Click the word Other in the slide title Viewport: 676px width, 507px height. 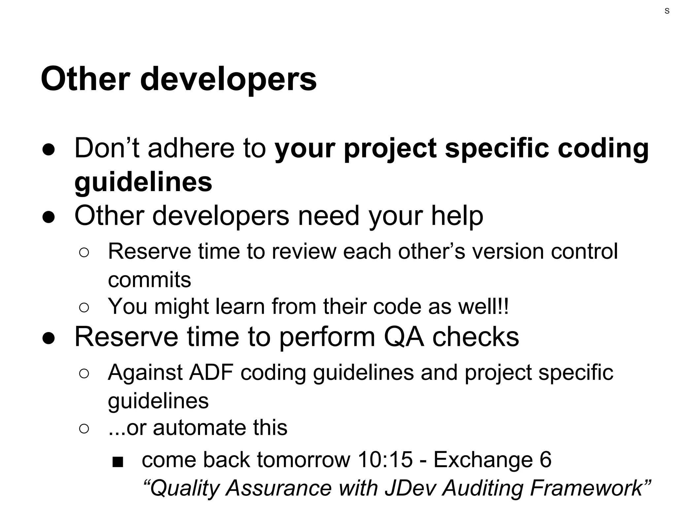click(85, 79)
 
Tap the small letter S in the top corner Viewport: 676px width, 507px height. click(667, 11)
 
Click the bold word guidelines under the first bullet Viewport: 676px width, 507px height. click(143, 183)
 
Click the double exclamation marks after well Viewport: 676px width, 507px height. click(504, 307)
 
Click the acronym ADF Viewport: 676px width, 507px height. click(211, 373)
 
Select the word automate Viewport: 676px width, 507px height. click(199, 428)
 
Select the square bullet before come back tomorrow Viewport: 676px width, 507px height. click(118, 462)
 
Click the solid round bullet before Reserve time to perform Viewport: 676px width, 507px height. click(49, 339)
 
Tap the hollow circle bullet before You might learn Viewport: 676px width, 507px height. click(84, 308)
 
